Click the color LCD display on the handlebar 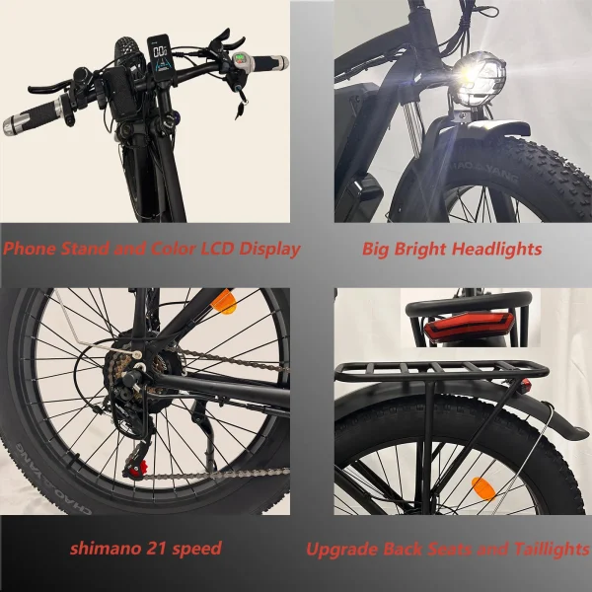click(x=160, y=57)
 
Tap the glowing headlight click(x=479, y=79)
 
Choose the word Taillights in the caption click(x=552, y=550)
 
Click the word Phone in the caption click(x=30, y=249)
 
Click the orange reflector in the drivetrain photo click(x=224, y=302)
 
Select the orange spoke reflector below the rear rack click(x=483, y=488)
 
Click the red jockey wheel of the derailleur click(x=136, y=468)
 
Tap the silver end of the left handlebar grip click(x=11, y=126)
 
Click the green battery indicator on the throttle click(x=240, y=60)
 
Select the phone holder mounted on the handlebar click(x=120, y=94)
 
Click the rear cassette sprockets click(x=116, y=372)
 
